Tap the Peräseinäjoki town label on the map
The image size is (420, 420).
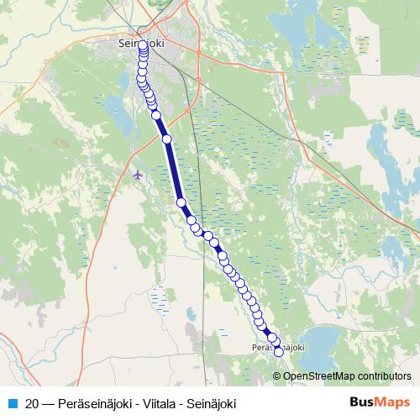pos(276,346)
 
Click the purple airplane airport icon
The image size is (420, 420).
pos(139,174)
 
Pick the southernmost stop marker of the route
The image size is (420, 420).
pos(279,352)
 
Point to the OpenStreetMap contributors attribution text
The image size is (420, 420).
pos(347,376)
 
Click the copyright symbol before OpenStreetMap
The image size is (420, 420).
pos(280,376)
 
